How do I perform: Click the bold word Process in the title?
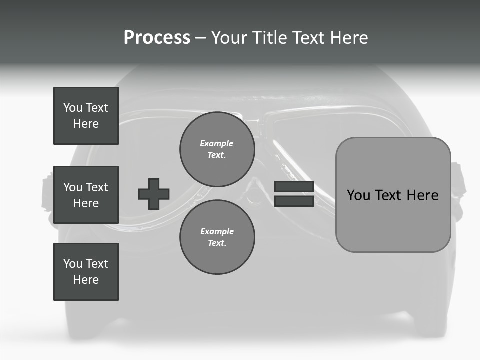[x=157, y=38]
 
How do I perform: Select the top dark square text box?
[x=86, y=116]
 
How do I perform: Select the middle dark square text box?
[x=86, y=195]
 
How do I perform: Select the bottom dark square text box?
[x=86, y=272]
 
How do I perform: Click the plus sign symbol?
[x=154, y=194]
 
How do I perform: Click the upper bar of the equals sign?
[x=294, y=187]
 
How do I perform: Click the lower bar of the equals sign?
[x=294, y=201]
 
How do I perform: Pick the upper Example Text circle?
[x=217, y=149]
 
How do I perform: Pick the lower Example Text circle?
[x=217, y=237]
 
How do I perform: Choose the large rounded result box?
[x=393, y=195]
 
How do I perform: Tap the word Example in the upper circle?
[x=216, y=143]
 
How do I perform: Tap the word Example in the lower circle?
[x=217, y=231]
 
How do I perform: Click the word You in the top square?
[x=73, y=108]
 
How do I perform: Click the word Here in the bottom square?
[x=86, y=280]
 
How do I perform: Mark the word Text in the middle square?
[x=97, y=187]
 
